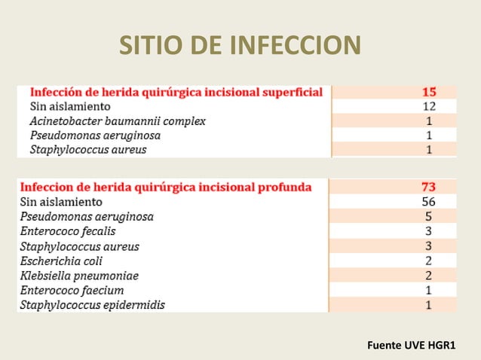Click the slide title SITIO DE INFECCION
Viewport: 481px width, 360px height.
pos(240,46)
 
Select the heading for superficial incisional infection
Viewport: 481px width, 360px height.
pos(176,92)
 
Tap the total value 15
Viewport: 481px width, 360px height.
pos(428,92)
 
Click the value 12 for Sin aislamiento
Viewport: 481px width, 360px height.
pos(428,106)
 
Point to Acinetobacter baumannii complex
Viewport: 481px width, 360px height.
pos(118,121)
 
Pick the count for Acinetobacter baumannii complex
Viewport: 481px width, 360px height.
pos(428,121)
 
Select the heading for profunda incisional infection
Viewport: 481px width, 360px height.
pos(166,187)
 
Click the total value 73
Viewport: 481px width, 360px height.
pos(428,187)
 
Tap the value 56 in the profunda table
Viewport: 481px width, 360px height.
pos(428,202)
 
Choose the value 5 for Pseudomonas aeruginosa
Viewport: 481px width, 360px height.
pos(428,217)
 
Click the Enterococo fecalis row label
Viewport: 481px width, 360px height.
pos(68,231)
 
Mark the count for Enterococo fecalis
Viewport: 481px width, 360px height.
pos(428,231)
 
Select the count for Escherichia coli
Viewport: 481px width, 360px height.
pos(428,261)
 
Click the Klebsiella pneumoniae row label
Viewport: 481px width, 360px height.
pos(79,276)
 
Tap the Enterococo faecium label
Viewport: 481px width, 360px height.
pos(72,290)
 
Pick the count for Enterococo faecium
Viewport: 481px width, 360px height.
pos(428,290)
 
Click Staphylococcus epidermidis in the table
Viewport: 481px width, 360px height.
pos(93,305)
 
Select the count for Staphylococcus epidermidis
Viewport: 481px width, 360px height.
pos(428,305)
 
